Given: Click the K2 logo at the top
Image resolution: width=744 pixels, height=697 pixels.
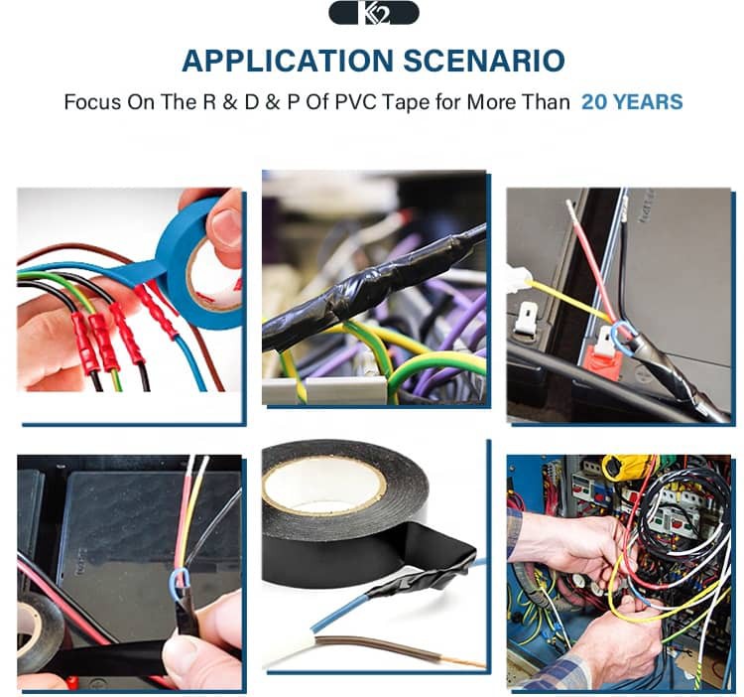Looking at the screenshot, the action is [374, 13].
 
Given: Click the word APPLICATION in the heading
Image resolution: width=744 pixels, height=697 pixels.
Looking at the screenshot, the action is [288, 62].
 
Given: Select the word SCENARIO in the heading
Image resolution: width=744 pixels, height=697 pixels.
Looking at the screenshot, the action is [484, 62].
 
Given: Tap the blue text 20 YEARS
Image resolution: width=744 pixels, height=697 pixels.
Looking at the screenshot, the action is [632, 102].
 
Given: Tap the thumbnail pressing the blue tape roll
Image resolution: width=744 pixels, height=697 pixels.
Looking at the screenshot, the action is [225, 227].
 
